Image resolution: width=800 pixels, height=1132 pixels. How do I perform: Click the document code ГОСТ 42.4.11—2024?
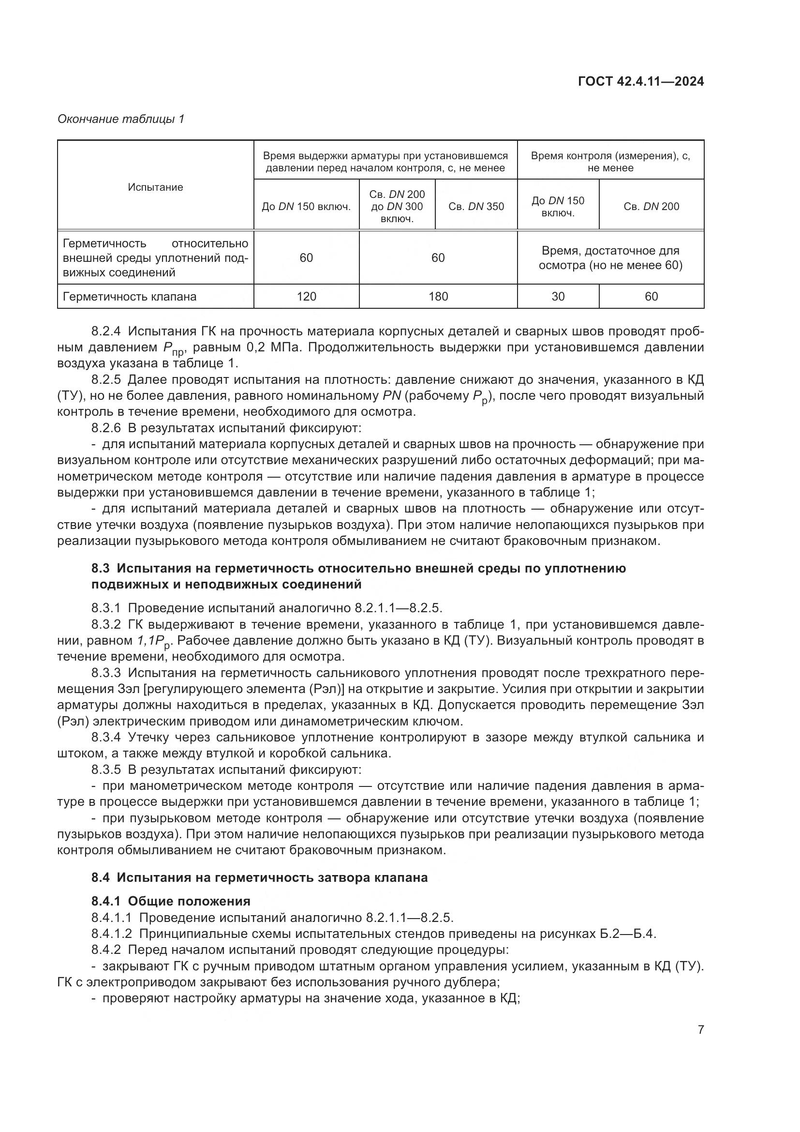pyautogui.click(x=640, y=81)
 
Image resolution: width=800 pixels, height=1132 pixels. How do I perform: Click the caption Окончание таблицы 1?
pyautogui.click(x=121, y=119)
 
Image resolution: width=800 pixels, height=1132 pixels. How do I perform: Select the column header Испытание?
pyautogui.click(x=155, y=187)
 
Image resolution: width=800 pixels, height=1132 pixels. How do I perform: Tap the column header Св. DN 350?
pyautogui.click(x=476, y=207)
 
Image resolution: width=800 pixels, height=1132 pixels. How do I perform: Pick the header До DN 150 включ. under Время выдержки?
pyautogui.click(x=306, y=207)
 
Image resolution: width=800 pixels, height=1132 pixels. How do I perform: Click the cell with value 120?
pyautogui.click(x=306, y=296)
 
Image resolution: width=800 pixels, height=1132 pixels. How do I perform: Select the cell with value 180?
pyautogui.click(x=438, y=296)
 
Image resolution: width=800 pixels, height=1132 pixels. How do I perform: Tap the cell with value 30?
pyautogui.click(x=558, y=296)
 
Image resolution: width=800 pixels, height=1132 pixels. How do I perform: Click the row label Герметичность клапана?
pyautogui.click(x=130, y=296)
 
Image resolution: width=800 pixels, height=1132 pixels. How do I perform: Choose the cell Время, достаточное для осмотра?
pyautogui.click(x=610, y=258)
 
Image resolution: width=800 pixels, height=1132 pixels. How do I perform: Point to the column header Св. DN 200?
pyautogui.click(x=651, y=207)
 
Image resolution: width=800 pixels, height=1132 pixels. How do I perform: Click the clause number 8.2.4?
pyautogui.click(x=106, y=332)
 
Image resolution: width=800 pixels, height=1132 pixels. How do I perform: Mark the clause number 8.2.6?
pyautogui.click(x=106, y=428)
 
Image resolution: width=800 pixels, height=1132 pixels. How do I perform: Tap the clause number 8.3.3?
pyautogui.click(x=106, y=673)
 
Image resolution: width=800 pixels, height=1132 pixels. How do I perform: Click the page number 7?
pyautogui.click(x=700, y=1029)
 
